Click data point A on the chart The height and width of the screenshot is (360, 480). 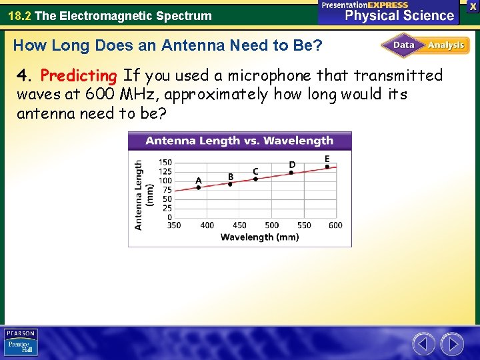tap(199, 188)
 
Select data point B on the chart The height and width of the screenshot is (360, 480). tap(230, 184)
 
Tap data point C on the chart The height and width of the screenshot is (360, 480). tap(255, 179)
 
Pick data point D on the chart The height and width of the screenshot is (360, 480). tap(291, 172)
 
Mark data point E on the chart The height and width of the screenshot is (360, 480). tap(327, 167)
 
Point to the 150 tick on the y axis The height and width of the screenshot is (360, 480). tap(165, 162)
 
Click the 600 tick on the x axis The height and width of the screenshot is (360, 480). tap(335, 225)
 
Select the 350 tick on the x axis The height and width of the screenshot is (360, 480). tap(174, 225)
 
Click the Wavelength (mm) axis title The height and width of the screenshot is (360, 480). tap(259, 237)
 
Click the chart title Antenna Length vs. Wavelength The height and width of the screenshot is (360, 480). tap(239, 141)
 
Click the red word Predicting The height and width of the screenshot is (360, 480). tap(78, 75)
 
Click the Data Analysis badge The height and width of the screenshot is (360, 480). tap(425, 45)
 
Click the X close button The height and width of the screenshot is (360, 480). tap(473, 6)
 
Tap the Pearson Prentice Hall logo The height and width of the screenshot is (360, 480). tap(21, 342)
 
